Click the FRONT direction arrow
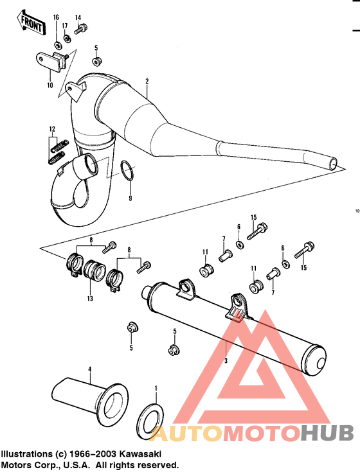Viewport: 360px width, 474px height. coord(30,24)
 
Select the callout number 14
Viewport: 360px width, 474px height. coord(78,17)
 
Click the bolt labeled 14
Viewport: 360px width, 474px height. coord(81,29)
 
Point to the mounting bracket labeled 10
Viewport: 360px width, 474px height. coord(51,63)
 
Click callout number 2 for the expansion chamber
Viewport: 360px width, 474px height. coord(147,82)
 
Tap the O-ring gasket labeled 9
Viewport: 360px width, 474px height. coord(127,171)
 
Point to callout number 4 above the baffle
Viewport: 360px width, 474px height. coord(90,369)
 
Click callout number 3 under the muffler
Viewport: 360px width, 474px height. coord(226,361)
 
